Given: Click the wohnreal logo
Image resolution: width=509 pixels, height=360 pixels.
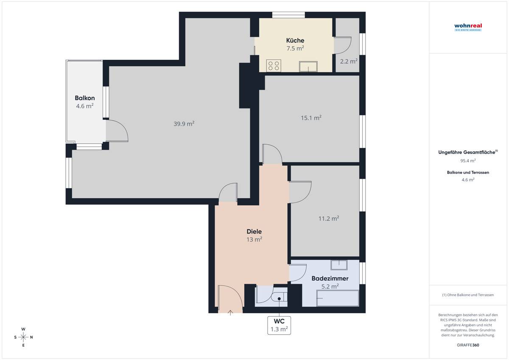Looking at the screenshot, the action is tap(468, 27).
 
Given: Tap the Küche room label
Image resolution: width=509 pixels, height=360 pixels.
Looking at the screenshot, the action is tap(295, 40).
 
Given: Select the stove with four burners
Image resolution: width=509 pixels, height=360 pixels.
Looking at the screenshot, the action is tap(274, 66).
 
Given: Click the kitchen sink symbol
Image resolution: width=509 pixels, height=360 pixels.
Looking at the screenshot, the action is tap(308, 66).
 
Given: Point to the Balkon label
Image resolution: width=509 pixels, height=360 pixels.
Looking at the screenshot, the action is tap(85, 98).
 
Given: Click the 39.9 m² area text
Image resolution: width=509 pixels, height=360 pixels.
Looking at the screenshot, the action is tap(184, 124).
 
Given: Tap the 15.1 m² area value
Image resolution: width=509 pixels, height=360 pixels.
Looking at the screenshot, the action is tap(311, 118).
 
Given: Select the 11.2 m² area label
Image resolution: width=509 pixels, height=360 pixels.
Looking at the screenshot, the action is tap(329, 218).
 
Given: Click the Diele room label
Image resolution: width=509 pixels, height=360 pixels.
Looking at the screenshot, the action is tap(254, 231).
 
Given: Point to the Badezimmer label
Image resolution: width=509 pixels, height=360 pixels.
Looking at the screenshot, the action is tap(330, 278).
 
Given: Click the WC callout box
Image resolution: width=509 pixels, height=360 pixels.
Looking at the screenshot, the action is tap(279, 325).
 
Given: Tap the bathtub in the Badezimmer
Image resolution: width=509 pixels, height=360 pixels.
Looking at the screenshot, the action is tap(338, 298).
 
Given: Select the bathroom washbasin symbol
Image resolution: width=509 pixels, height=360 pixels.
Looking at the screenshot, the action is tap(339, 265).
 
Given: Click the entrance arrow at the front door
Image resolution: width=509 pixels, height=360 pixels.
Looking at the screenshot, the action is tap(230, 313).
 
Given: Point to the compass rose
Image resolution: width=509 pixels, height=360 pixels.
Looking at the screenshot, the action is tap(23, 337).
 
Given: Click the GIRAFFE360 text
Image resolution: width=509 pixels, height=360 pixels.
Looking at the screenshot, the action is tap(468, 345).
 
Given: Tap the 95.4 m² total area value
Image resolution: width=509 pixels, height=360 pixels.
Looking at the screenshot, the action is tap(468, 160).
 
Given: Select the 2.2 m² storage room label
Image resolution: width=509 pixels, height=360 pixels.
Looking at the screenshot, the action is tap(349, 61).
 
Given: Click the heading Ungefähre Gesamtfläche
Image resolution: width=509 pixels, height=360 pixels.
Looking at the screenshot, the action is tap(467, 152).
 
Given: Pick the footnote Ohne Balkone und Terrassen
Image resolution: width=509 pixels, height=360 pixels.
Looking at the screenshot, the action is tap(468, 295).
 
